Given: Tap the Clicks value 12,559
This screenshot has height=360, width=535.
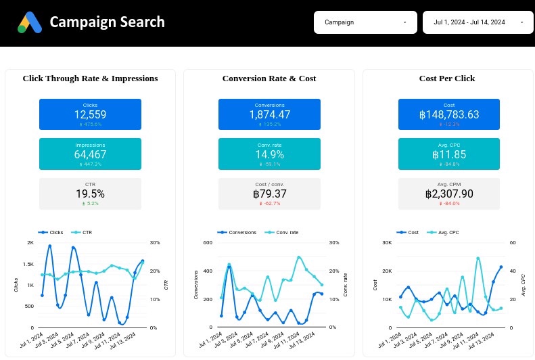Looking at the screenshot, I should pyautogui.click(x=90, y=115).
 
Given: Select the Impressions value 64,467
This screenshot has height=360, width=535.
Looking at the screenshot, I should pyautogui.click(x=90, y=154).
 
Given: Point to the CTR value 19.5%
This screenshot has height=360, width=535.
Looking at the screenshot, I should pyautogui.click(x=90, y=194).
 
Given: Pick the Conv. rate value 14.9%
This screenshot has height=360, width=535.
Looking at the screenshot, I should pyautogui.click(x=269, y=154).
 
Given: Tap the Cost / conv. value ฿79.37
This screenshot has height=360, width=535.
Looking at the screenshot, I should pyautogui.click(x=269, y=194).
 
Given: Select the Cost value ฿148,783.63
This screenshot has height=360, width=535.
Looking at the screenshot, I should pyautogui.click(x=448, y=115).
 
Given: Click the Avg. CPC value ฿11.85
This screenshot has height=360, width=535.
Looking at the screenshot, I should pyautogui.click(x=448, y=154).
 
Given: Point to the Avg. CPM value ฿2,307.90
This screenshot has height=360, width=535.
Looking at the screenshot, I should pyautogui.click(x=448, y=194).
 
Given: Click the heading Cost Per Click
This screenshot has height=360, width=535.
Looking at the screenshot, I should pyautogui.click(x=447, y=78).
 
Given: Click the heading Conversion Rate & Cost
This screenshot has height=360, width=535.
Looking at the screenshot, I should pyautogui.click(x=269, y=78).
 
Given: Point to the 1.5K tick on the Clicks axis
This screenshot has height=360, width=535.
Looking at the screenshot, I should pyautogui.click(x=28, y=264).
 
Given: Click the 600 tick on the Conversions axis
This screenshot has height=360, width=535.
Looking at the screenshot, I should pyautogui.click(x=208, y=242).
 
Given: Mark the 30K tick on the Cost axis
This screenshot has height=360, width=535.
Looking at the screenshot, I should pyautogui.click(x=387, y=242).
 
